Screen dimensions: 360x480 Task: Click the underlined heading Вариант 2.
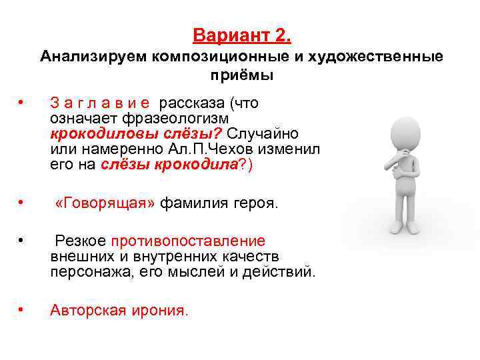click(x=242, y=34)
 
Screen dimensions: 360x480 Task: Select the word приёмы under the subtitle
click(x=242, y=75)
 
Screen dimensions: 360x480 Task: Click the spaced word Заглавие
click(x=101, y=103)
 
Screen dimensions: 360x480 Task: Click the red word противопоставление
click(x=188, y=241)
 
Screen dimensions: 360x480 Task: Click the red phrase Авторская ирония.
click(x=119, y=310)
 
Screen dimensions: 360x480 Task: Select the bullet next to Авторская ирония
click(x=23, y=309)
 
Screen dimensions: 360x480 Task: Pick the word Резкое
click(x=81, y=241)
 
